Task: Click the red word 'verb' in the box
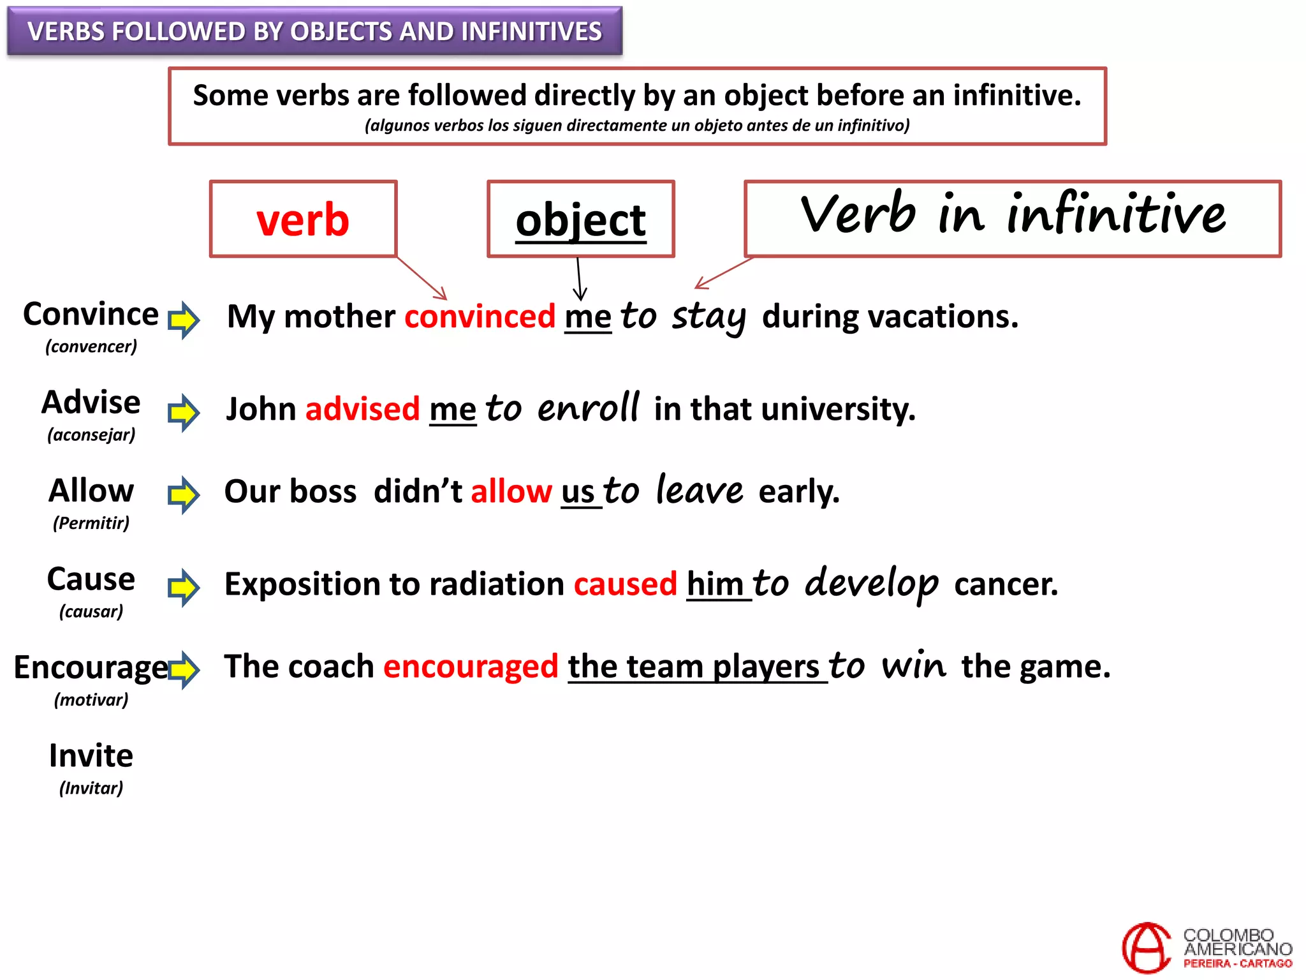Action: click(303, 220)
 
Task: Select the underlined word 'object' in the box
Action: click(580, 220)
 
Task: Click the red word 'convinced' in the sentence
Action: click(480, 316)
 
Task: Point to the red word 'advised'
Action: click(362, 409)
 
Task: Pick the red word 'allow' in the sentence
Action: click(511, 491)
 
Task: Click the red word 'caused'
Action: click(625, 584)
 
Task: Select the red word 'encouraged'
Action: click(471, 667)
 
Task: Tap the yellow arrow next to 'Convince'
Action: click(184, 319)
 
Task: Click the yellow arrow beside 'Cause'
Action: click(184, 587)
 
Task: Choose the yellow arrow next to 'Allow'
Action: click(184, 494)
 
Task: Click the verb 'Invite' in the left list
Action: click(91, 756)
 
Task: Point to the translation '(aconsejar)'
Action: click(91, 435)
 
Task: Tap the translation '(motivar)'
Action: click(91, 700)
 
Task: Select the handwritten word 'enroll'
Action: click(588, 408)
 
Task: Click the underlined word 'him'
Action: click(715, 584)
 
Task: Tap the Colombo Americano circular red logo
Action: click(1147, 947)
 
